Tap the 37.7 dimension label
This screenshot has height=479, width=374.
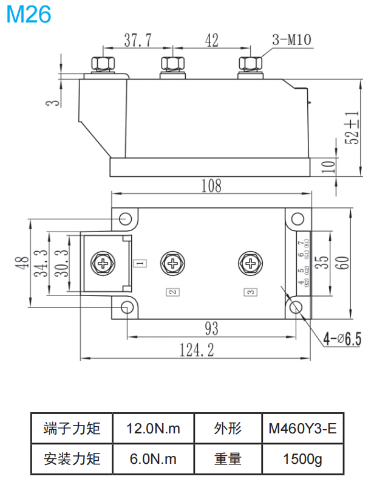[x=137, y=41]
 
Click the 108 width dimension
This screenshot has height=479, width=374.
[x=211, y=185]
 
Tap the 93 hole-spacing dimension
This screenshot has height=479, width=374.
[x=211, y=329]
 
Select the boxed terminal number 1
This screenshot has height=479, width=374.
[x=139, y=264]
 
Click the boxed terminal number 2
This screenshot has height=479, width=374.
[x=173, y=292]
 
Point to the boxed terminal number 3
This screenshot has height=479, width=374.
[x=249, y=292]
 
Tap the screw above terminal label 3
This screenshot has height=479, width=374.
[x=249, y=263]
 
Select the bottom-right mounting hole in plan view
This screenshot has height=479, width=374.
[x=296, y=307]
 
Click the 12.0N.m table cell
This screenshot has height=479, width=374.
[x=153, y=429]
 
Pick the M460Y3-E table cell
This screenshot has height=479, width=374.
[x=302, y=429]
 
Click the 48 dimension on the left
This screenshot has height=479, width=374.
[x=22, y=263]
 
